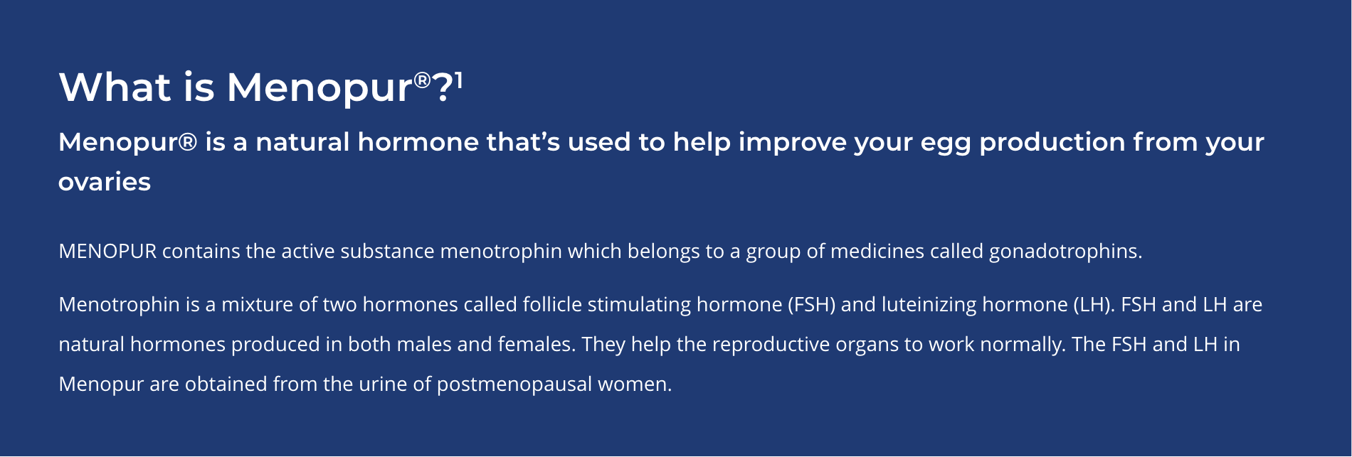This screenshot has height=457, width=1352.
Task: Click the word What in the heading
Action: coord(115,87)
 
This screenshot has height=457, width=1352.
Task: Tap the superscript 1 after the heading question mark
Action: coord(459,80)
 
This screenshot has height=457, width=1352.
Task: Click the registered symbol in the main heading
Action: coord(423,80)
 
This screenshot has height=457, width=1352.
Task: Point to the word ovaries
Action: coord(105,182)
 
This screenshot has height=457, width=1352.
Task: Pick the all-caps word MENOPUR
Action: coord(107,251)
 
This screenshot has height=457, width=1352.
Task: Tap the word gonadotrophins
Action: coord(1065,252)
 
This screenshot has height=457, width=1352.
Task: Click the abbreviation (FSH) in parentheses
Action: coord(811,305)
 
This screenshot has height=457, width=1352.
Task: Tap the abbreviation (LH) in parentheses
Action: coord(1092,305)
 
